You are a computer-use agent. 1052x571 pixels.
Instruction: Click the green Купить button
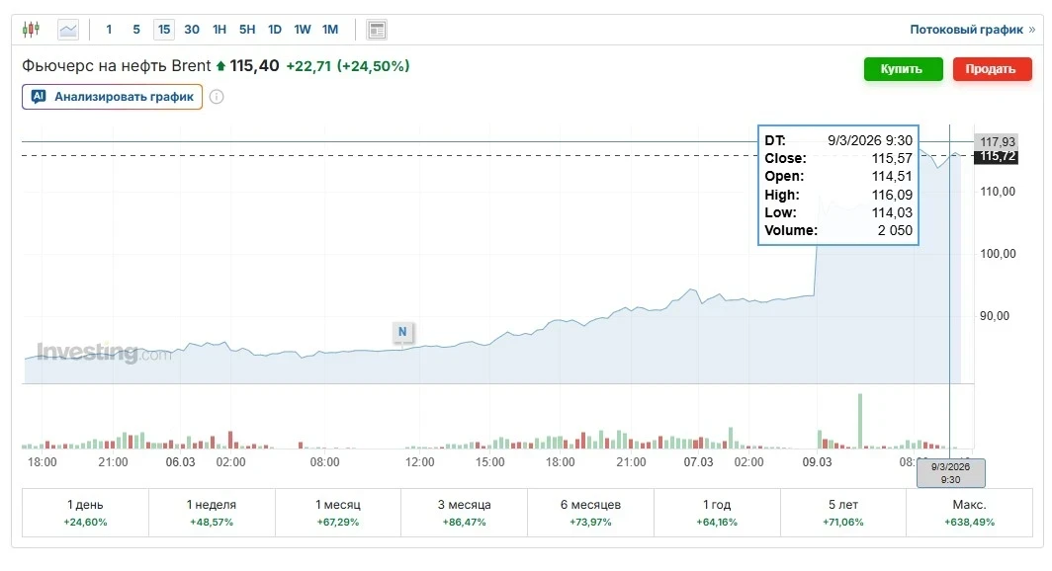[902, 69]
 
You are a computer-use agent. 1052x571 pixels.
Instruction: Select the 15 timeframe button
[164, 30]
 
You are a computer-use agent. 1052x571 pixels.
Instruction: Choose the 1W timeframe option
[303, 30]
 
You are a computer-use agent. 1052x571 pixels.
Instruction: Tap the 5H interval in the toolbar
[247, 30]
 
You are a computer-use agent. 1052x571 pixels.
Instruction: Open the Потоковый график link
[972, 30]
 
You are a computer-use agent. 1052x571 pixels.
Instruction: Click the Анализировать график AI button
[113, 97]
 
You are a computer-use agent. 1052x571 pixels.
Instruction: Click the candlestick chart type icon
[32, 30]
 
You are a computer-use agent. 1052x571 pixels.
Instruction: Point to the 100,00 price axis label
[997, 254]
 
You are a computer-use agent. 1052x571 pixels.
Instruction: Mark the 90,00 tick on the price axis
[997, 316]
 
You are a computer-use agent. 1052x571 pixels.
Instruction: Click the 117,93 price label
[998, 141]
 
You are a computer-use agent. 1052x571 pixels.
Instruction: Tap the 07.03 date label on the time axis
[699, 462]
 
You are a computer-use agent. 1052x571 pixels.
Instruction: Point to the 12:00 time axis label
[419, 462]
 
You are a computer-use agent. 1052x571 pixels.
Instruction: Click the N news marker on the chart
[402, 332]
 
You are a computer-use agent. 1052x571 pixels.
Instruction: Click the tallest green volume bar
[859, 422]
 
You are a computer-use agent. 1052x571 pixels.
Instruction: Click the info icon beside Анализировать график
[217, 97]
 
